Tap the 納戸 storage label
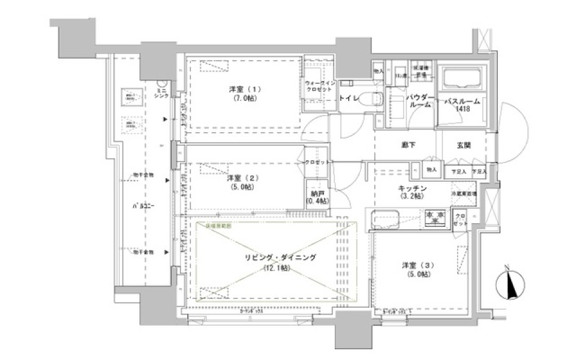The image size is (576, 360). point(318,193)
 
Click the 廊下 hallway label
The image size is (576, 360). point(410,145)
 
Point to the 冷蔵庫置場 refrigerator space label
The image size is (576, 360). point(464,194)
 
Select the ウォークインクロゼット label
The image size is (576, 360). point(318,85)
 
